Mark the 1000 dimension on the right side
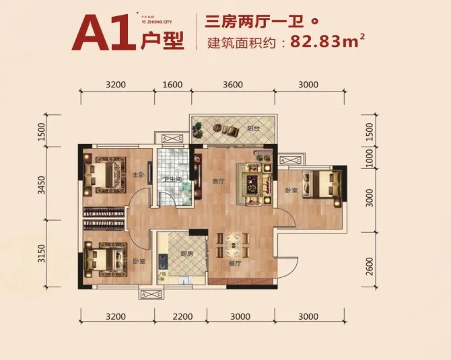click(369, 158)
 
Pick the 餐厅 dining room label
click(235, 264)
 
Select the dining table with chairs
click(232, 244)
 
